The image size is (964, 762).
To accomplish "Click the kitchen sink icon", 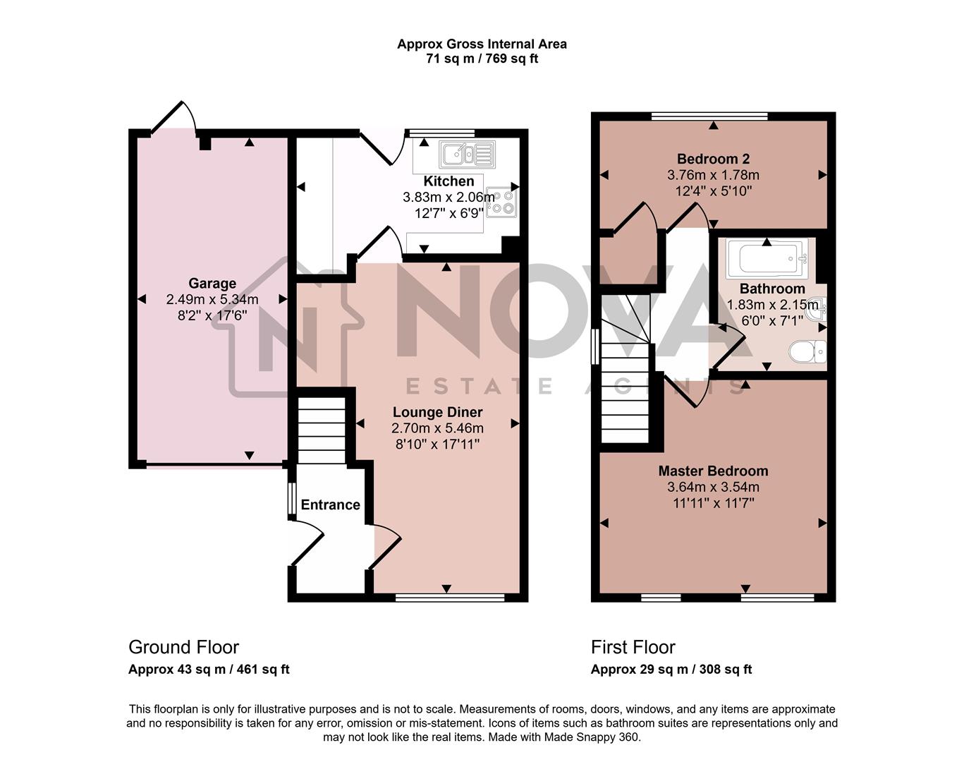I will click(x=467, y=152).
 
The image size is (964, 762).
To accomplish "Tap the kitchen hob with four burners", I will click(x=501, y=201).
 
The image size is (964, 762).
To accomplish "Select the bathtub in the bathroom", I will click(x=767, y=259).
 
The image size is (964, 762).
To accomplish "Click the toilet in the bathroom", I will click(x=808, y=351).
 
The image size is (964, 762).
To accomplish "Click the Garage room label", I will click(x=212, y=284).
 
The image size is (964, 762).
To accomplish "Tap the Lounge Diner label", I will click(x=437, y=412).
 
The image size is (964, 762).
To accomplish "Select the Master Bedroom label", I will click(x=713, y=471).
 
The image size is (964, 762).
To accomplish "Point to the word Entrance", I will click(x=330, y=504).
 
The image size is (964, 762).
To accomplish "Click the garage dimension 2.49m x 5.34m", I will click(x=212, y=300).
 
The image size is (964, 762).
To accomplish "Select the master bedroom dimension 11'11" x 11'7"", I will click(x=713, y=503).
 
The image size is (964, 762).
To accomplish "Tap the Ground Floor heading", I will click(x=183, y=647).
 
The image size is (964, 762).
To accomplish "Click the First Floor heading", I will click(x=633, y=647).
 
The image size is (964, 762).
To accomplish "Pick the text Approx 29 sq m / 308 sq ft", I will click(x=671, y=670).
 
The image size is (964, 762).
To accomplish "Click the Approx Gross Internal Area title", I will click(x=482, y=44).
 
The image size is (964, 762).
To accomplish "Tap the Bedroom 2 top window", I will click(x=709, y=116).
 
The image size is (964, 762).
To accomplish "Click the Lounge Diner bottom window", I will click(x=450, y=598).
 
